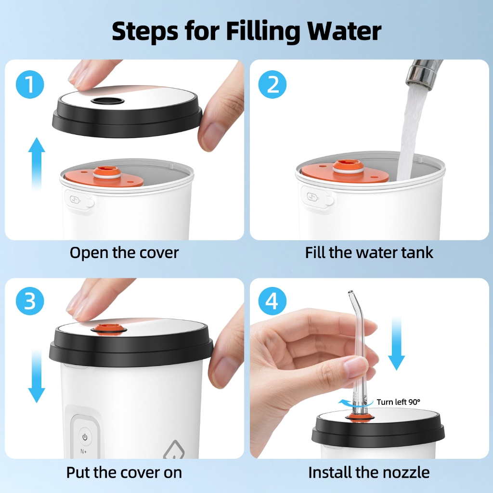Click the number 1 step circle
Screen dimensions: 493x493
coord(30,84)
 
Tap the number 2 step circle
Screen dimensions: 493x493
coord(272,84)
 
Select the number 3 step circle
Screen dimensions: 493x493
coord(30,301)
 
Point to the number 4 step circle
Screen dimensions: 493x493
coord(272,301)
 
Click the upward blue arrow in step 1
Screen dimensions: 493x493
coord(37,164)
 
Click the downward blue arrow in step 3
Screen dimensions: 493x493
coord(37,376)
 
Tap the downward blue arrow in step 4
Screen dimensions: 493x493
coord(396,343)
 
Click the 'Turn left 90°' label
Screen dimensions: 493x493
coord(398,402)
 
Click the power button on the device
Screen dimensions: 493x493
coord(85,437)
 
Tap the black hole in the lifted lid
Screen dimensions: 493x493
coord(108,101)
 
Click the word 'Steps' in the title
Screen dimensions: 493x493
coord(145,31)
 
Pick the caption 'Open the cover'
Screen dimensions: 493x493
coord(124,252)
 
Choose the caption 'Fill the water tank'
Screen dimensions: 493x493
coord(369,252)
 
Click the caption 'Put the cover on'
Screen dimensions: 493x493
coord(124,472)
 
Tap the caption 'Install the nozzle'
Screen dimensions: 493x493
coord(369,472)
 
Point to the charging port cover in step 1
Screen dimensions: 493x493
coord(79,201)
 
